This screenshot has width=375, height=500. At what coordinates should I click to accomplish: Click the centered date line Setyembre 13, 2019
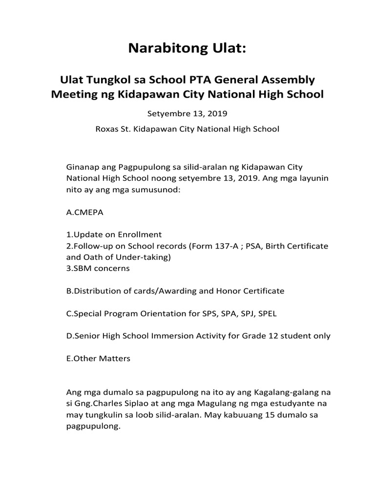[187, 114]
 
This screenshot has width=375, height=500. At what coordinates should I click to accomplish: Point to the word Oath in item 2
[91, 257]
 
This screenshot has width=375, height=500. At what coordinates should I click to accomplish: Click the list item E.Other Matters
[98, 358]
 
